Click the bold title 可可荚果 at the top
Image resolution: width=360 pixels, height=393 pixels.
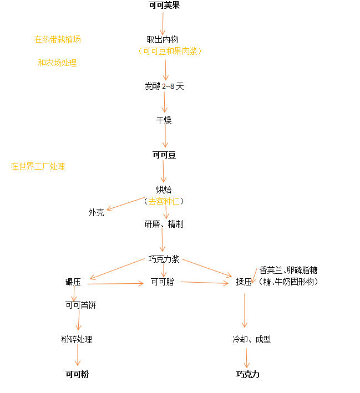164,6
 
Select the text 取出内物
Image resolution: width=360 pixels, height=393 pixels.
162,39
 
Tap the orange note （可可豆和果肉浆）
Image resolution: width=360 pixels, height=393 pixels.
170,51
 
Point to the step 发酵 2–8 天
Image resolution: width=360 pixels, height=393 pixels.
164,86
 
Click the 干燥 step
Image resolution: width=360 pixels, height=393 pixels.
164,120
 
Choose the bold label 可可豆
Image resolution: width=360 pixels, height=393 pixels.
164,155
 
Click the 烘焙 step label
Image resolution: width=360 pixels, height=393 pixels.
164,190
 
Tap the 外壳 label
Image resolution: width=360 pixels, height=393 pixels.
96,212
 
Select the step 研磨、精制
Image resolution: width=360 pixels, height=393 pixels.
164,224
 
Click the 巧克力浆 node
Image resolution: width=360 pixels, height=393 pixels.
164,259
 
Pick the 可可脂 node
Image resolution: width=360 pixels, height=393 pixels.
163,282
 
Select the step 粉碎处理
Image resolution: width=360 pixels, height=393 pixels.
77,339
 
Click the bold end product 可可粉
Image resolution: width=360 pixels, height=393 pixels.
77,374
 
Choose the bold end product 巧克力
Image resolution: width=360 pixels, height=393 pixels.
247,374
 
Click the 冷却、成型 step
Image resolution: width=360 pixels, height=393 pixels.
251,339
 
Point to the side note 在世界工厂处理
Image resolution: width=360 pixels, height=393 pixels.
38,166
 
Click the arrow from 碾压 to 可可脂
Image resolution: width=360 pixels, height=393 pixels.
115,284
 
